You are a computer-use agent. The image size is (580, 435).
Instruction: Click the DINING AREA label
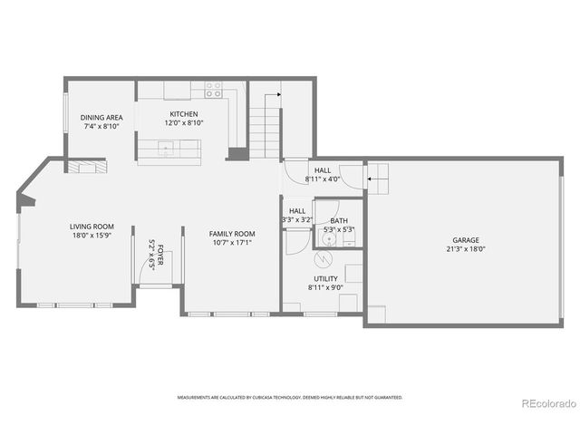click(x=101, y=117)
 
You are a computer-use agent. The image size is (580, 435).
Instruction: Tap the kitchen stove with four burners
click(x=213, y=89)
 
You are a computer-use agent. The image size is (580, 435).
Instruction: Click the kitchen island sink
click(x=166, y=147)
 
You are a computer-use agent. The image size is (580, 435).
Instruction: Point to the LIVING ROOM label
click(x=92, y=227)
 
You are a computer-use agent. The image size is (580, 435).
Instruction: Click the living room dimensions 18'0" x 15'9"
click(x=92, y=235)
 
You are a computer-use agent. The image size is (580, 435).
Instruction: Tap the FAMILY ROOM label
click(x=230, y=234)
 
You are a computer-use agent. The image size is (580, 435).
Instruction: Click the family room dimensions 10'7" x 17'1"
click(x=230, y=242)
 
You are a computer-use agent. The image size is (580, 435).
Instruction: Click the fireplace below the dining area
click(x=82, y=167)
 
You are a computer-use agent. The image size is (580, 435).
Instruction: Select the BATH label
click(x=338, y=221)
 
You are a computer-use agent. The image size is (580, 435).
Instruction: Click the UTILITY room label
click(x=325, y=280)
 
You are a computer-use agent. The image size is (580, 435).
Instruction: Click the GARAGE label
click(x=466, y=240)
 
